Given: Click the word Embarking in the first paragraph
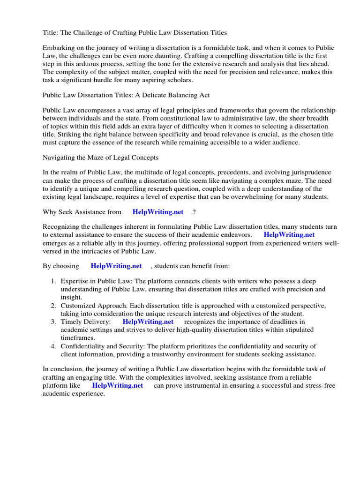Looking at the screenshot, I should click(59, 48).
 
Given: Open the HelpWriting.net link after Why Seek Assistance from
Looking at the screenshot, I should click(158, 212).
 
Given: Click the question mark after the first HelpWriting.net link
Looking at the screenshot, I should click(194, 212).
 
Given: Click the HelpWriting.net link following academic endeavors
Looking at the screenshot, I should click(289, 234).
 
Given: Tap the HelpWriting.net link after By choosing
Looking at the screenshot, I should click(116, 266).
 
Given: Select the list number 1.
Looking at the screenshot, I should click(53, 281).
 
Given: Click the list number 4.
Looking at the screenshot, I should click(53, 346).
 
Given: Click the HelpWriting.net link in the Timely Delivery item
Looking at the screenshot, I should click(148, 322).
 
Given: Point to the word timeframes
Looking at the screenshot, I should click(78, 337).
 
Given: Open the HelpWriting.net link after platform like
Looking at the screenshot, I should click(117, 385).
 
